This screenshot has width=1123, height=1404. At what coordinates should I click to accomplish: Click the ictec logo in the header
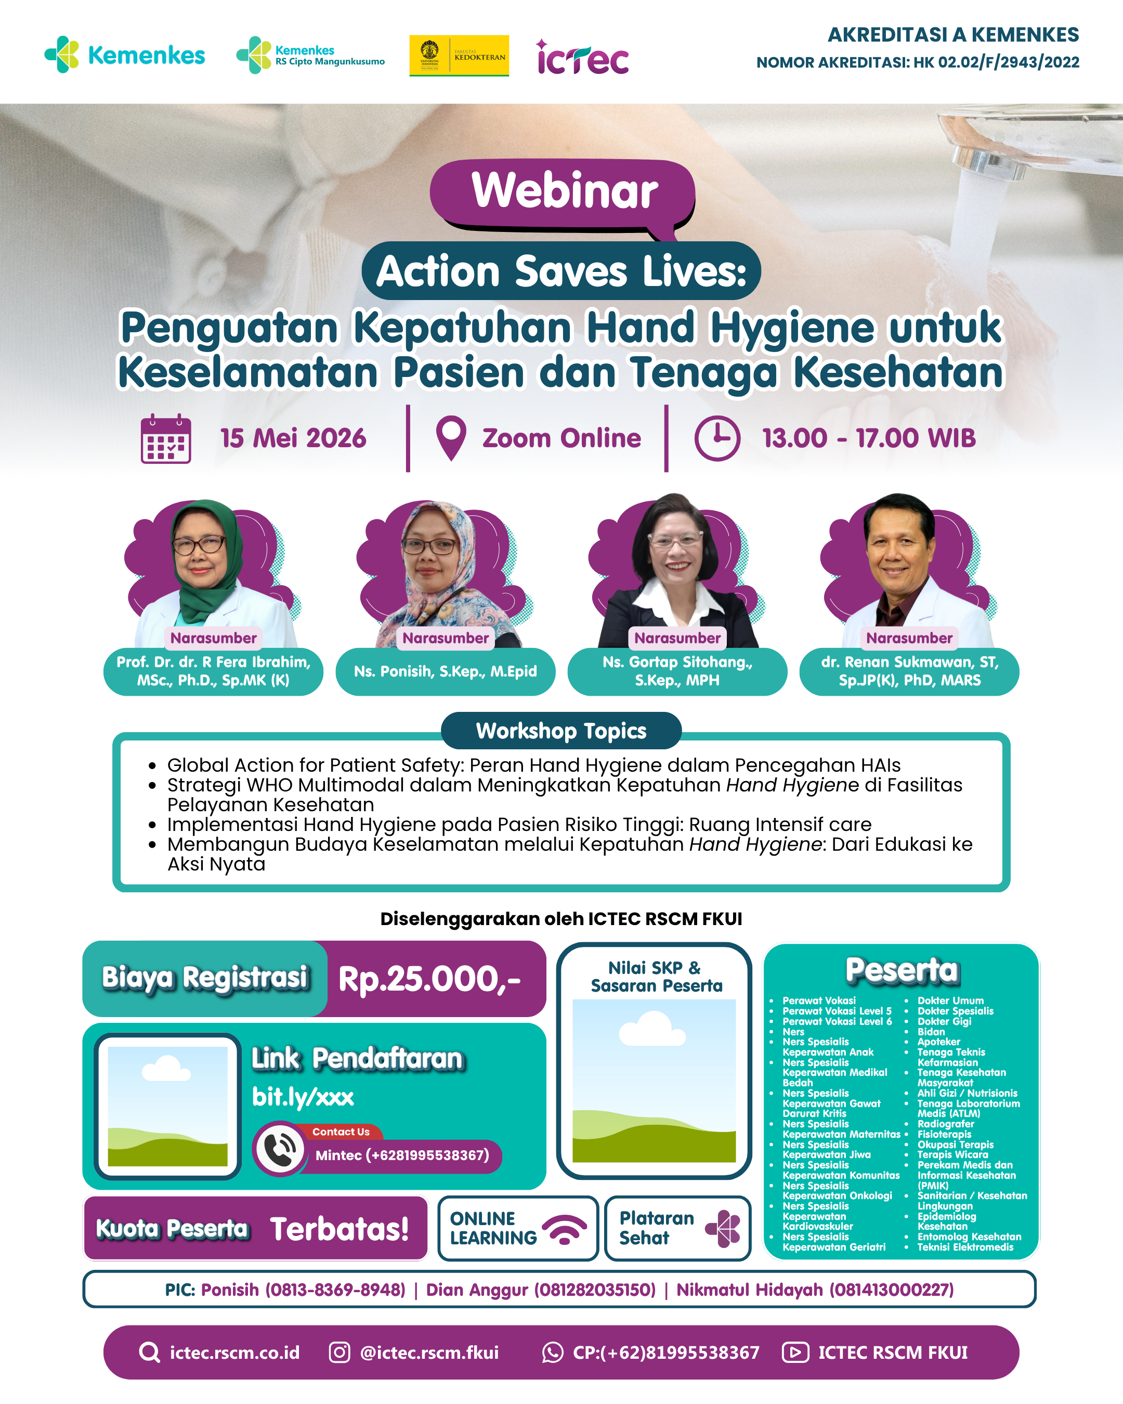(582, 57)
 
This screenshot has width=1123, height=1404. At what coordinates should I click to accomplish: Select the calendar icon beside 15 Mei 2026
(166, 438)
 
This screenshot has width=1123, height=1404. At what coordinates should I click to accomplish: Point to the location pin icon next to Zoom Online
(451, 438)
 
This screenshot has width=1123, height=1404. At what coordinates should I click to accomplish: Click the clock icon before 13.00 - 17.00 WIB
(717, 438)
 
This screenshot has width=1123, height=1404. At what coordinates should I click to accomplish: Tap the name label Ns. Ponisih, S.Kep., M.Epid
(445, 671)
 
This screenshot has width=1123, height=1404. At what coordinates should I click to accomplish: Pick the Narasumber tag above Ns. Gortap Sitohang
(677, 638)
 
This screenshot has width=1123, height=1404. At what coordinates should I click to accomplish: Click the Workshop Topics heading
(561, 731)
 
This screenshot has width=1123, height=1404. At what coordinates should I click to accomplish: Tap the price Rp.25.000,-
(429, 979)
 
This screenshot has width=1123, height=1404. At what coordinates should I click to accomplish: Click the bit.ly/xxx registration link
(303, 1097)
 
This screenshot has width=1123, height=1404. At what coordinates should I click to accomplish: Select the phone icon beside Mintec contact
(280, 1149)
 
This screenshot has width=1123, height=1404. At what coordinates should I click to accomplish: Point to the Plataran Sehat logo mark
(723, 1228)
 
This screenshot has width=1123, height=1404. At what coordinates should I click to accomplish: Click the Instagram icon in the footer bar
(339, 1353)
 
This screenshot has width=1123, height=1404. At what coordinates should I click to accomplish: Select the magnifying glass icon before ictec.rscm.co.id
(150, 1353)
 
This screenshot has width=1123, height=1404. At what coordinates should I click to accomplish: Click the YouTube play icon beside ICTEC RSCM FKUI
(795, 1353)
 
